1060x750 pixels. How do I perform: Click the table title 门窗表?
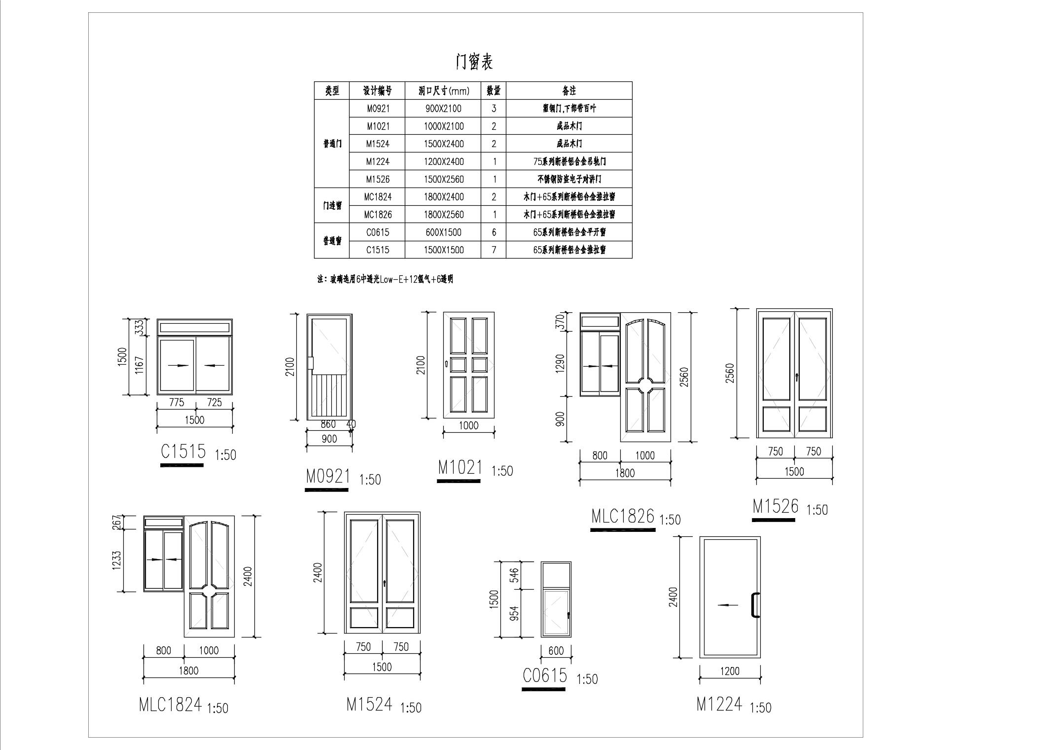pyautogui.click(x=474, y=62)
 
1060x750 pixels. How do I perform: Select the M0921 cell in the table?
pyautogui.click(x=378, y=109)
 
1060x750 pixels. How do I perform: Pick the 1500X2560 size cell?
pyautogui.click(x=444, y=179)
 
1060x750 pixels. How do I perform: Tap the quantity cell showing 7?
pyautogui.click(x=494, y=250)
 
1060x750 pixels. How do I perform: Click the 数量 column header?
pyautogui.click(x=494, y=91)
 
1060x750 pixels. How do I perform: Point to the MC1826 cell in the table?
pyautogui.click(x=378, y=215)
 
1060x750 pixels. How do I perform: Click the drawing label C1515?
pyautogui.click(x=183, y=451)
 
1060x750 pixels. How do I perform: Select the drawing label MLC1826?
pyautogui.click(x=623, y=516)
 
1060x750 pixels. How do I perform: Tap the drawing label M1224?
pyautogui.click(x=719, y=704)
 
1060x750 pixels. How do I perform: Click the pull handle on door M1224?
pyautogui.click(x=754, y=605)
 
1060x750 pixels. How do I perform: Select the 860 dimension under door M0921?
pyautogui.click(x=328, y=424)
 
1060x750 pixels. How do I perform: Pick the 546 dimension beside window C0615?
pyautogui.click(x=514, y=575)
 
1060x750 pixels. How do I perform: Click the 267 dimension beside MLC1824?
pyautogui.click(x=117, y=523)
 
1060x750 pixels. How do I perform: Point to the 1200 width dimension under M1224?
pyautogui.click(x=730, y=671)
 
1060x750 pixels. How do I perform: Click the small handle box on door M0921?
pyautogui.click(x=311, y=362)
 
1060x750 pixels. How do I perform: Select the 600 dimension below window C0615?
pyautogui.click(x=556, y=651)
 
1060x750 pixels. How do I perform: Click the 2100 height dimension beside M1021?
pyautogui.click(x=421, y=365)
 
